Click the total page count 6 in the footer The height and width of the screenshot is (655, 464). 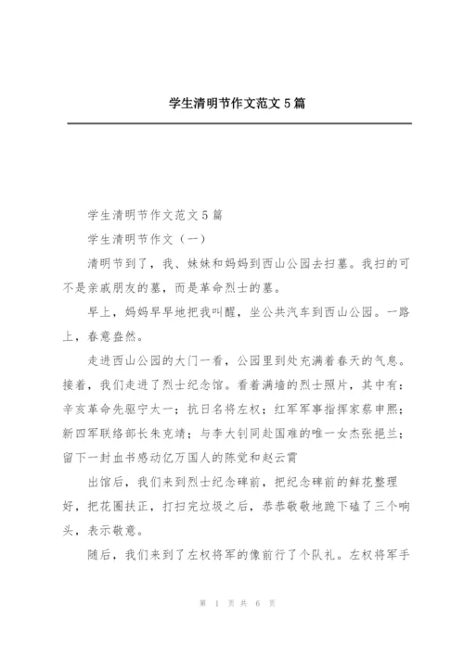pyautogui.click(x=256, y=628)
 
